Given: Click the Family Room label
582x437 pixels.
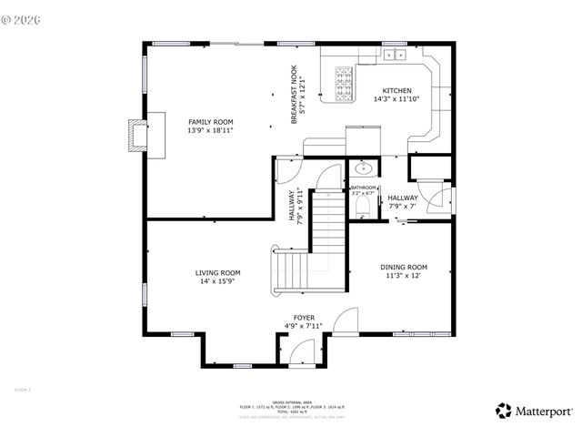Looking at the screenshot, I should point(210,122).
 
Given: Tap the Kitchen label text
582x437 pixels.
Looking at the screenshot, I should point(396,91).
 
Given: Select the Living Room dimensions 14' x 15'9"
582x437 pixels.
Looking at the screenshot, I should point(217,281).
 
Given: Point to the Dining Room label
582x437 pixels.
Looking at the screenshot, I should point(403,267).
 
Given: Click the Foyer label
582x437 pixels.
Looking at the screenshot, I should point(304,318).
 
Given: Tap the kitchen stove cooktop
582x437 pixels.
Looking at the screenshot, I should point(345,82).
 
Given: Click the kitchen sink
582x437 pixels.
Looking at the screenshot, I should point(396,55).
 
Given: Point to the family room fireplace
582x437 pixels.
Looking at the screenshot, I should point(137,135).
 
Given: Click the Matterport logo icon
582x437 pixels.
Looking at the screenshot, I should point(504,411).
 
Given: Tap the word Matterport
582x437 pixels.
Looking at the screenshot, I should point(545,412).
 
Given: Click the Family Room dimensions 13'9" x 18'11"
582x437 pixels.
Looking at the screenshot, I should point(210,130).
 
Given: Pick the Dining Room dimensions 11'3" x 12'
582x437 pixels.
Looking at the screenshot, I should point(403,275).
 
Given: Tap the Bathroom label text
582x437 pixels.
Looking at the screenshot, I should point(363,188).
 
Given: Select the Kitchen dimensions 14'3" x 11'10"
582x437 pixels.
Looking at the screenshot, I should point(396,99).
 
